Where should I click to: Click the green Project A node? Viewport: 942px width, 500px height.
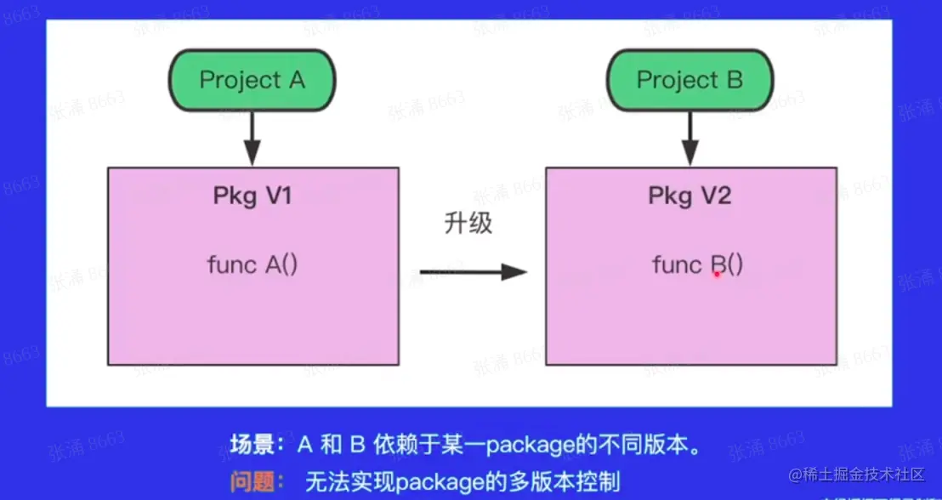tap(252, 80)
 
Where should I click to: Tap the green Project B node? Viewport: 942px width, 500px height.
tap(689, 80)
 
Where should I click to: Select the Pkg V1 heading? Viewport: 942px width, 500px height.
tap(253, 196)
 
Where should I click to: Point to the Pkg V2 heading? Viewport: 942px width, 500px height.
tap(689, 196)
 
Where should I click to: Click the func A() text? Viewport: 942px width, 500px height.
tap(252, 264)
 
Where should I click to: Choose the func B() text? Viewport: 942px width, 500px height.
tap(697, 265)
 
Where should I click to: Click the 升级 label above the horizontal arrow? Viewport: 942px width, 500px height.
tap(468, 224)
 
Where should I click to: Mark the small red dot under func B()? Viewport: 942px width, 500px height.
tap(717, 275)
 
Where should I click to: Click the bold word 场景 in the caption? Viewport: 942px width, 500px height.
tap(253, 444)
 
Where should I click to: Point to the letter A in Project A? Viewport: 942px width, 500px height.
tap(296, 80)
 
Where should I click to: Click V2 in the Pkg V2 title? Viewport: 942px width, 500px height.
tap(716, 196)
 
